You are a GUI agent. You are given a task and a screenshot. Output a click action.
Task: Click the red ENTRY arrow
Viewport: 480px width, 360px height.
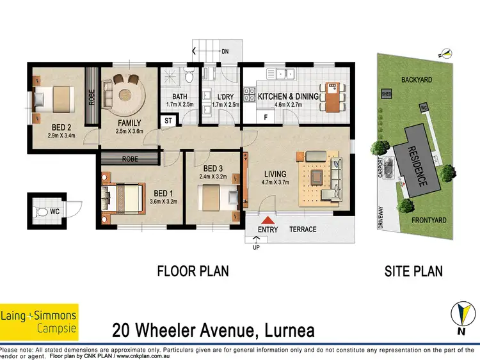coord(264,218)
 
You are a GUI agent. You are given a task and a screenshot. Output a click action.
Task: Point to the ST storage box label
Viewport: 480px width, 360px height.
coord(169,120)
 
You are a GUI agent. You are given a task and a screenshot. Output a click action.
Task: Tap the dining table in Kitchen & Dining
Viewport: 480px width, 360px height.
coord(332,97)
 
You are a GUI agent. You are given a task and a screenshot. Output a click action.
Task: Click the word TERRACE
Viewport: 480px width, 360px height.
coord(303,230)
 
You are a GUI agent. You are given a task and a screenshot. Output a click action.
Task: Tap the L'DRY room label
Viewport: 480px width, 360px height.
coord(220,97)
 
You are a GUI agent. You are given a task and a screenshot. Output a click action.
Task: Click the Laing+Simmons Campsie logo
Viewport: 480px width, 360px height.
coord(39,321)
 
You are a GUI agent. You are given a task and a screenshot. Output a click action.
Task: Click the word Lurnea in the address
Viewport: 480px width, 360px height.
coord(284,330)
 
